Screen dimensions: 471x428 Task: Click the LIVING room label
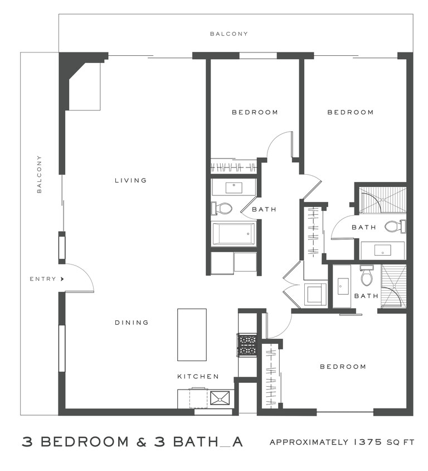tap(130, 180)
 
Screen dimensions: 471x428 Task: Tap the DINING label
tap(132, 322)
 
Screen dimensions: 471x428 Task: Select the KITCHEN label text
tap(198, 377)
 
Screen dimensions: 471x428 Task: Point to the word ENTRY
tap(43, 279)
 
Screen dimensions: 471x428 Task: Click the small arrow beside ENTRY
tap(62, 279)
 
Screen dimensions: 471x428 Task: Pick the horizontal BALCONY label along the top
tap(228, 34)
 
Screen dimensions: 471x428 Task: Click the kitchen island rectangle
tap(192, 335)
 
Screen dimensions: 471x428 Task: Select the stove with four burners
tap(247, 345)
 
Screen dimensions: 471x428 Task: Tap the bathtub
tap(234, 233)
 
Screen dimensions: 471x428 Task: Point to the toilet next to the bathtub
tap(222, 209)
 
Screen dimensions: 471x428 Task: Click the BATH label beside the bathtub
tap(264, 210)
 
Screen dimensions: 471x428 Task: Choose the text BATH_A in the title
tap(207, 442)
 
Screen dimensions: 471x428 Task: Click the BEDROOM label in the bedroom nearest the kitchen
tap(343, 367)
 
